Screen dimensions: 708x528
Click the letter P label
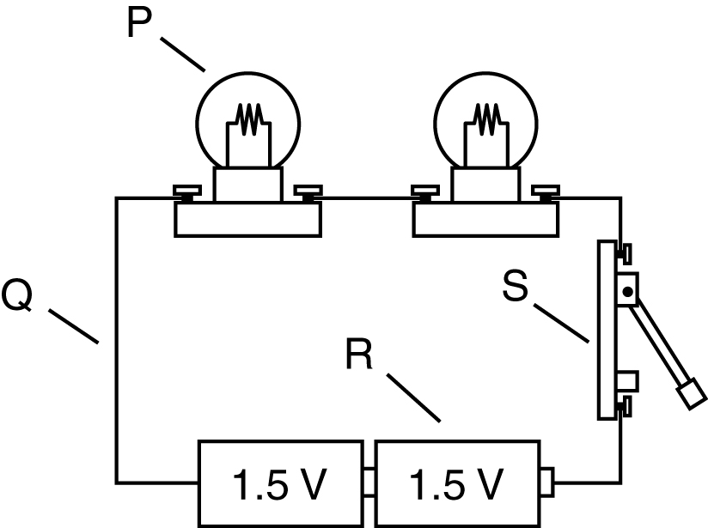point(139,23)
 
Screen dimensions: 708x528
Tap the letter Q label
point(17,294)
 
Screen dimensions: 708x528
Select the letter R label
point(359,355)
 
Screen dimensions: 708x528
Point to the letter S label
point(516,285)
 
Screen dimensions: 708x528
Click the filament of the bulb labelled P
point(249,119)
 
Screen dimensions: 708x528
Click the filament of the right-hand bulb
point(486,119)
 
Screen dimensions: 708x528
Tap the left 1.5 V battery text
point(278,485)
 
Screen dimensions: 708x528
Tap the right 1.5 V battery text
point(456,485)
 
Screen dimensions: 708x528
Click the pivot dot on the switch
point(627,292)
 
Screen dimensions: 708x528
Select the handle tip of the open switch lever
point(691,394)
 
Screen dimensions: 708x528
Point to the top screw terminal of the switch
point(624,254)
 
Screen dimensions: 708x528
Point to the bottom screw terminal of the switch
point(624,407)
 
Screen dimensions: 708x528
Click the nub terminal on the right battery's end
point(546,482)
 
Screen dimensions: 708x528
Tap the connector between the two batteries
point(369,482)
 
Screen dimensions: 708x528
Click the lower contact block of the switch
point(626,381)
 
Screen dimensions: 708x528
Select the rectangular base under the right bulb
point(485,219)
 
